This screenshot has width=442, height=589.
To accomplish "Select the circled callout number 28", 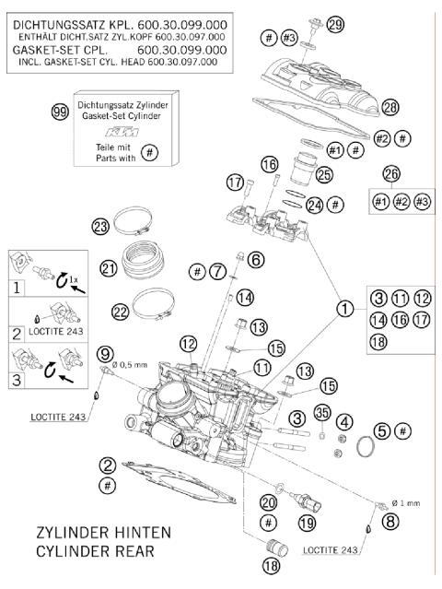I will coord(390,108).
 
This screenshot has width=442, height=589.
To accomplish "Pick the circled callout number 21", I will coord(109,268).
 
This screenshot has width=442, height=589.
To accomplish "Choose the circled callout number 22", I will coord(120,312).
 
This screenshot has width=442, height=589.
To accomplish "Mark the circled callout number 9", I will coord(107,353).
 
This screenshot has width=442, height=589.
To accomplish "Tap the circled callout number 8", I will coord(390,522).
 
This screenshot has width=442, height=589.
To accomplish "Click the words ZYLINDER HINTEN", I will coord(101,533).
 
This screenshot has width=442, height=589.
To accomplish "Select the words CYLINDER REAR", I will coord(95,552).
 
